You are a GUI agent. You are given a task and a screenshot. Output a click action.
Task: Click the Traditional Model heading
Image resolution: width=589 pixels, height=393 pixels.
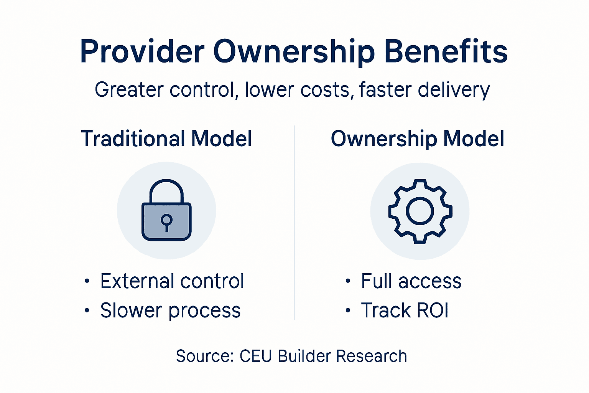click(x=167, y=139)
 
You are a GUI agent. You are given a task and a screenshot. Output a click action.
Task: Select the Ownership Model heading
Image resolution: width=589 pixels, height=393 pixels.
click(x=418, y=139)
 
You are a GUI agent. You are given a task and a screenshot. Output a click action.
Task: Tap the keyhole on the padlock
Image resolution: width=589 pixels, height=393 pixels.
click(x=166, y=221)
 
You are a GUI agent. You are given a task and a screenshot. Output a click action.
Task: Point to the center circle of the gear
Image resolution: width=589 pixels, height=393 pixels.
click(x=420, y=211)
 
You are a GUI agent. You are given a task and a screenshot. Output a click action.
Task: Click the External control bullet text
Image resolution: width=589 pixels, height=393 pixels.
click(x=172, y=281)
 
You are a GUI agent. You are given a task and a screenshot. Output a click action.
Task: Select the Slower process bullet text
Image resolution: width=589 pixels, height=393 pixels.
click(x=170, y=310)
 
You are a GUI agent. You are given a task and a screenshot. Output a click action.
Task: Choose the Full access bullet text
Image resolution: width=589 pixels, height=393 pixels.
click(x=411, y=281)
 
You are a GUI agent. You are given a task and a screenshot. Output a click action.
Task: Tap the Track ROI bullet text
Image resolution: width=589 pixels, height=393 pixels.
click(x=405, y=310)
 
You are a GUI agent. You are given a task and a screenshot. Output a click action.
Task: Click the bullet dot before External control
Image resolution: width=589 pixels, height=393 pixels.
click(x=87, y=282)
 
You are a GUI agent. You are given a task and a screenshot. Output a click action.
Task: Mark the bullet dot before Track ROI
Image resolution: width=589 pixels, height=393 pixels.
click(x=348, y=310)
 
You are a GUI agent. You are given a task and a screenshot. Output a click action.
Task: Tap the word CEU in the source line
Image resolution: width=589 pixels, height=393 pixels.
click(x=256, y=356)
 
